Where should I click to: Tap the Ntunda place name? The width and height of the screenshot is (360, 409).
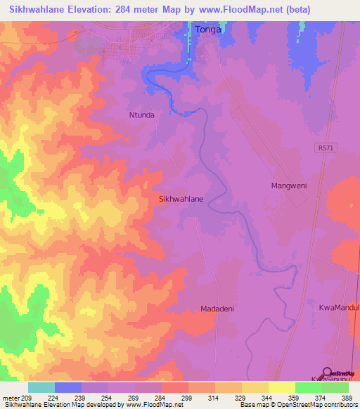point(141,115)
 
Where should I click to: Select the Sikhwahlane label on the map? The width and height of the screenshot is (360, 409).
point(182,199)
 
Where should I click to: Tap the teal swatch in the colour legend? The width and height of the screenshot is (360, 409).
point(41,387)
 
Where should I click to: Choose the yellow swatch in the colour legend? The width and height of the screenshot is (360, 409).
point(282,387)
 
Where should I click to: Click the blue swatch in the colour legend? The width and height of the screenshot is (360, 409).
point(68,387)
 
